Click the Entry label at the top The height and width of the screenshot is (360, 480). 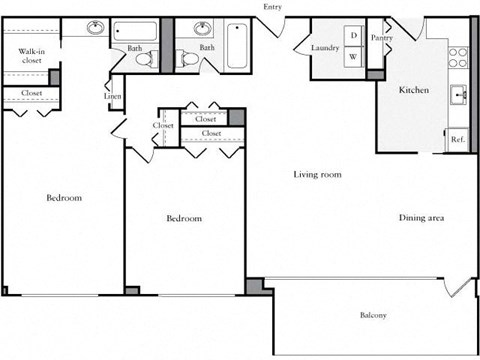272,7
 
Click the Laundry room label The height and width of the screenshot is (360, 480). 325,47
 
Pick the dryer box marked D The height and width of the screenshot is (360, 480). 354,36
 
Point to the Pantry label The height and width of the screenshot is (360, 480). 381,38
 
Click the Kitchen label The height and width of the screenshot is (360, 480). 414,90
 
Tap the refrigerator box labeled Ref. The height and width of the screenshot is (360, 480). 458,139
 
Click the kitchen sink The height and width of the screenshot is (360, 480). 460,96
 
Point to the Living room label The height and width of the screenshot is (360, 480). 317,174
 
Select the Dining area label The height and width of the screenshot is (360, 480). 421,218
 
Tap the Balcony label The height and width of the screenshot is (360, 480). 373,316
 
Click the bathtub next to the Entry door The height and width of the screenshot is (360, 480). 237,46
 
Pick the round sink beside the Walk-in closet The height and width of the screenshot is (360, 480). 96,29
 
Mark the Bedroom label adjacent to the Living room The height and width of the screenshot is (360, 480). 184,218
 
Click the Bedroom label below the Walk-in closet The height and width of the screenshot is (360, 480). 64,198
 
